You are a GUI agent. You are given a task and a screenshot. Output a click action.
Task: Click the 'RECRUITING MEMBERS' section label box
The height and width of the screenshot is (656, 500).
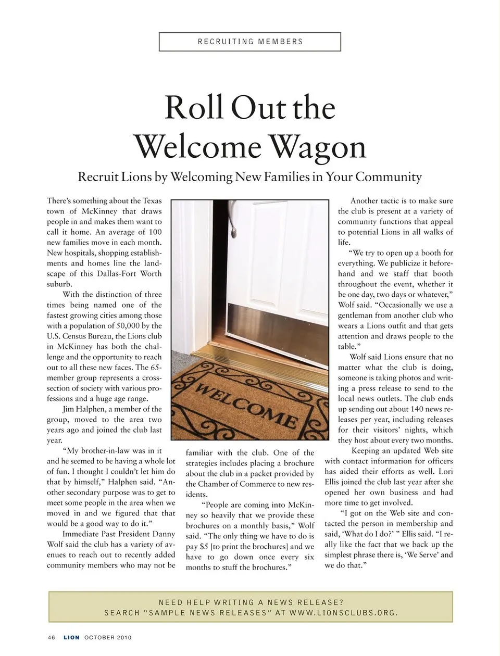250,42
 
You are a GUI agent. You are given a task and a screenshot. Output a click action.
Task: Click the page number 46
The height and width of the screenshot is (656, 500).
52,637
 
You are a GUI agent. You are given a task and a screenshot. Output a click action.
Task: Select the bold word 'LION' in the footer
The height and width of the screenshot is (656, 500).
72,637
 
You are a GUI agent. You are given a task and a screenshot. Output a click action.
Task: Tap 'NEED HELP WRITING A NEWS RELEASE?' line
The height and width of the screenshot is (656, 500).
251,602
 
